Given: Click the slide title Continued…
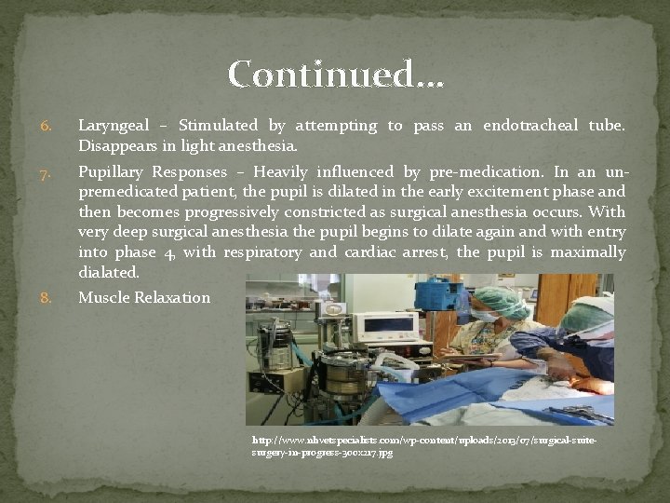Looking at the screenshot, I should tap(336, 75).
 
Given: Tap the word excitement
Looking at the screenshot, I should tap(502, 192).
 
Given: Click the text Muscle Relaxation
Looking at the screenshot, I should tap(144, 298).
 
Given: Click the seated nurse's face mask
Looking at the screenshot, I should tap(485, 317).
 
